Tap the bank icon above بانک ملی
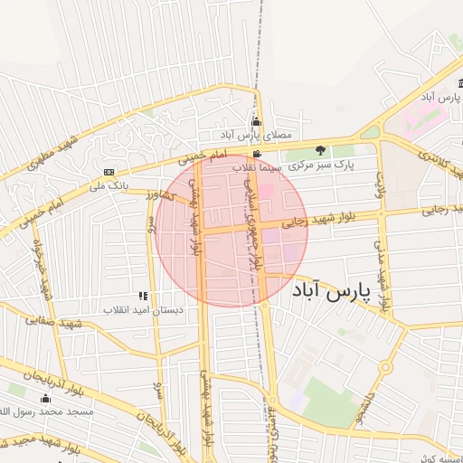109,172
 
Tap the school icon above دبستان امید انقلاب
142,296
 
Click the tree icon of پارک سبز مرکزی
319,150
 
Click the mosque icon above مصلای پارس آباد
256,122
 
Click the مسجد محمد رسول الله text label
52,412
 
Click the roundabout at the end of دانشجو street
385,367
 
